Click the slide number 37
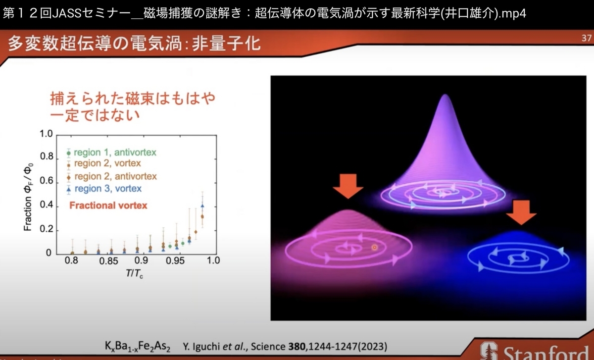click(587, 38)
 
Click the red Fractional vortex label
click(108, 206)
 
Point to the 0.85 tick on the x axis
click(108, 261)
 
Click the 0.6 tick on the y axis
click(47, 181)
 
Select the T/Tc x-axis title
click(135, 273)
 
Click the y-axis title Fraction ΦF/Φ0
click(28, 197)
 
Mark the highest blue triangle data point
click(202, 206)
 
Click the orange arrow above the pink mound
click(348, 186)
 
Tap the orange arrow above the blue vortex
click(521, 212)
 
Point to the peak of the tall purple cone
click(445, 95)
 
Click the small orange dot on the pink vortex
click(374, 248)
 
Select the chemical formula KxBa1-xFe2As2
click(138, 346)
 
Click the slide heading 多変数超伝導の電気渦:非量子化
click(134, 44)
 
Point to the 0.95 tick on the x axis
click(175, 260)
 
